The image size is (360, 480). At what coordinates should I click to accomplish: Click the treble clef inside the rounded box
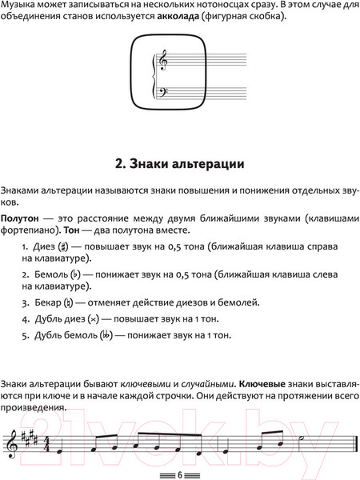click(164, 61)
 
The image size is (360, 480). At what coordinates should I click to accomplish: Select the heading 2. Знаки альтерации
click(179, 166)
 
